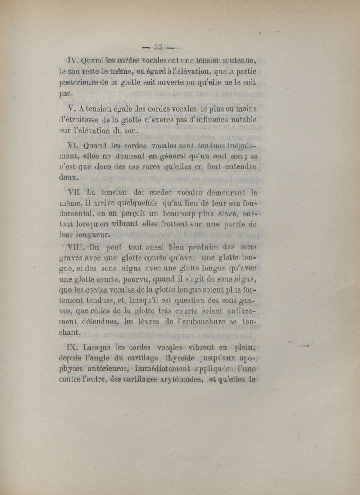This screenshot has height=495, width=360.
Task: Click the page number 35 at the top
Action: pyautogui.click(x=157, y=47)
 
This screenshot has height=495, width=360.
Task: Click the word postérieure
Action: pyautogui.click(x=81, y=83)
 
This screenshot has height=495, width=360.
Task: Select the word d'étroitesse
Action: pyautogui.click(x=81, y=120)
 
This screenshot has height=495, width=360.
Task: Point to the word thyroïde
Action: pyautogui.click(x=176, y=358)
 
